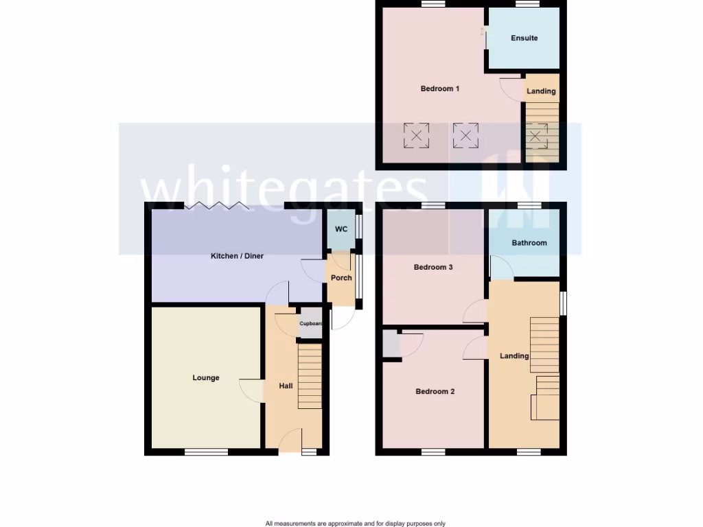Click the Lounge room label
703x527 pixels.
pyautogui.click(x=206, y=377)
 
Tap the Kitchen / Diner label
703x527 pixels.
pyautogui.click(x=237, y=256)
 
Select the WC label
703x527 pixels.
pyautogui.click(x=341, y=229)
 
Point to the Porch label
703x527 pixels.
pyautogui.click(x=341, y=278)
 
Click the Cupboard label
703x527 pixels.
pyautogui.click(x=311, y=323)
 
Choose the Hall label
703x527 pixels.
pyautogui.click(x=286, y=386)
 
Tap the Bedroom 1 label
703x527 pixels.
pyautogui.click(x=439, y=89)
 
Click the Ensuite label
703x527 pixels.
pyautogui.click(x=524, y=38)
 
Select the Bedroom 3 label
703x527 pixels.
pyautogui.click(x=433, y=267)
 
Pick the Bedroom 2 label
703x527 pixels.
pyautogui.click(x=435, y=392)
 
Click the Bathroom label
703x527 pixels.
pyautogui.click(x=529, y=243)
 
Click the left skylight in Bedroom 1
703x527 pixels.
pyautogui.click(x=415, y=135)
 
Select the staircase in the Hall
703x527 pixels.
pyautogui.click(x=310, y=376)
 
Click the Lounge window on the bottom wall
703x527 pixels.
pyautogui.click(x=206, y=452)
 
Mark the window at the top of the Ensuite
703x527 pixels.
pyautogui.click(x=527, y=4)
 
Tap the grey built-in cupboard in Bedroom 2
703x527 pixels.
pyautogui.click(x=391, y=344)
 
